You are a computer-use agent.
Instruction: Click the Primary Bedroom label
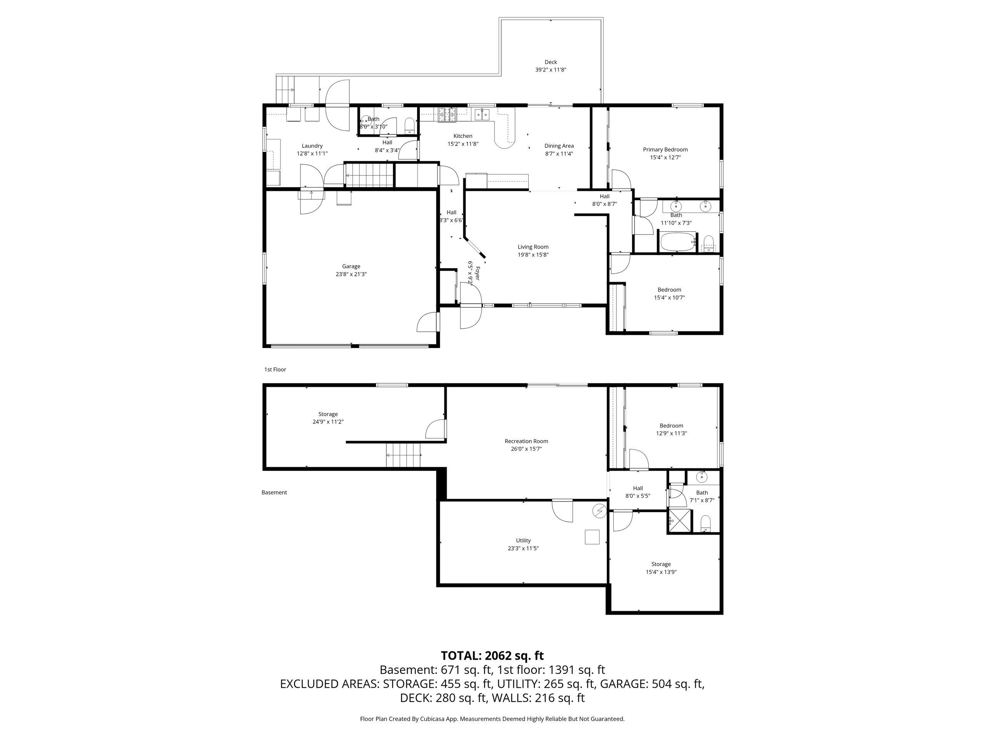coord(665,150)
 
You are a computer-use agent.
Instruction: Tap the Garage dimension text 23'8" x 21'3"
coord(351,274)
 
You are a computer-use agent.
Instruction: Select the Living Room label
coord(533,247)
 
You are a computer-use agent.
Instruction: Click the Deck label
coord(551,62)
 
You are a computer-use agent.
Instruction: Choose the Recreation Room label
coord(526,441)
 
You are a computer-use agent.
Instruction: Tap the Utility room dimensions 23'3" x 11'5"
coord(523,548)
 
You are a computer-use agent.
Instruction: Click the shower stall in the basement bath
coord(679,521)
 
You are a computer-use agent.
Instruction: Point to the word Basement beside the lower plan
coord(274,492)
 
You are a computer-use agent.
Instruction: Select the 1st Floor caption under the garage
coord(275,369)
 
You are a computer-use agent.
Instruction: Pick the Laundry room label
coord(312,145)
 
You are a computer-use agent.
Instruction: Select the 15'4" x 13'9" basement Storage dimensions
coord(661,572)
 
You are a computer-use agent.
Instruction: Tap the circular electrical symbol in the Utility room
coord(599,511)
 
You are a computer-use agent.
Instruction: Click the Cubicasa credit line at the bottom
coord(492,719)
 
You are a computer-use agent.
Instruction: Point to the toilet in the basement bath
coord(706,523)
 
